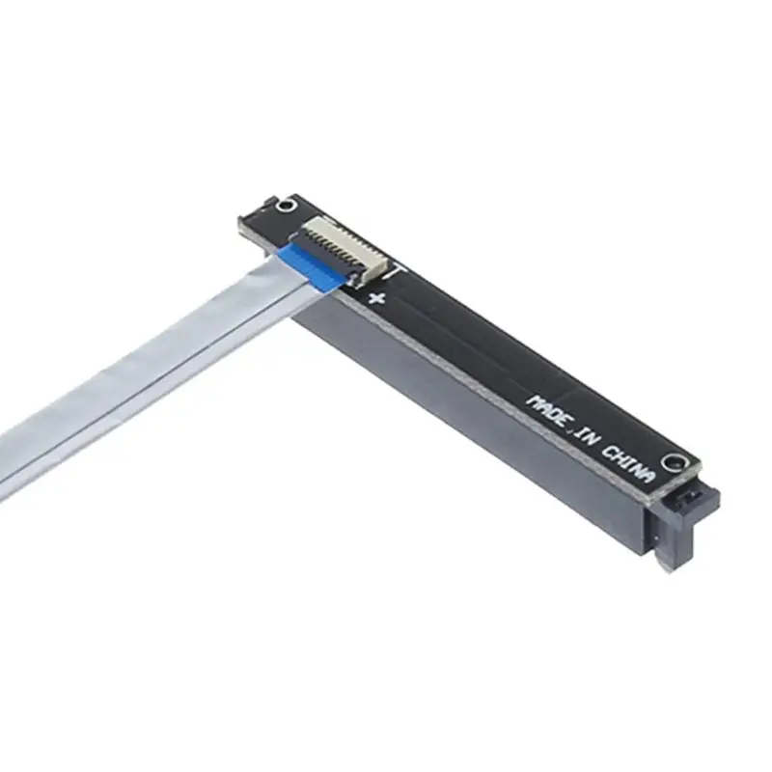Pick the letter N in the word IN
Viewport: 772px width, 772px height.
[593, 442]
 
